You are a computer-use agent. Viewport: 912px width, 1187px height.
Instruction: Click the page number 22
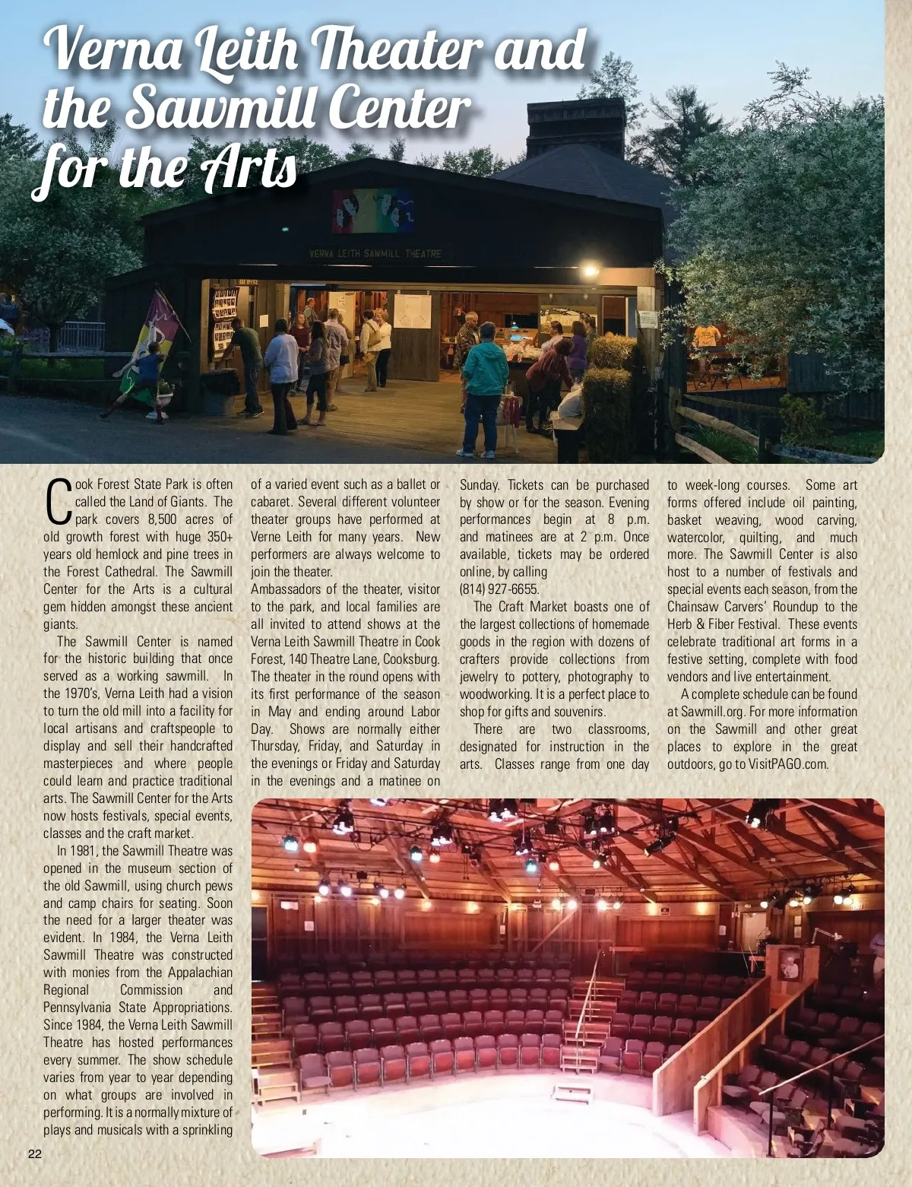pyautogui.click(x=35, y=1154)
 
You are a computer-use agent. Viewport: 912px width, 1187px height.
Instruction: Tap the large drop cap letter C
pyautogui.click(x=59, y=502)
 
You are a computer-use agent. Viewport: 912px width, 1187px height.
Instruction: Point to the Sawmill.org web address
pyautogui.click(x=712, y=712)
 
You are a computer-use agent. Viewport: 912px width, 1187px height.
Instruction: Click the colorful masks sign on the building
pyautogui.click(x=373, y=211)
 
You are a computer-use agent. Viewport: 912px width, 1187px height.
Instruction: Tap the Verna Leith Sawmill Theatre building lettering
pyautogui.click(x=374, y=253)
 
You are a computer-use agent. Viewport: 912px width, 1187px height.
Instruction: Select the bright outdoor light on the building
pyautogui.click(x=590, y=270)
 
